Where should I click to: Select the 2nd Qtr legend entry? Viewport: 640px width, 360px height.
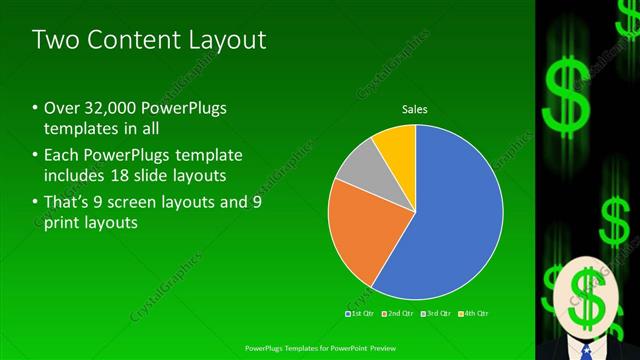400,314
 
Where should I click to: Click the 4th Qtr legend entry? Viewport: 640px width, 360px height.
475,314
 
